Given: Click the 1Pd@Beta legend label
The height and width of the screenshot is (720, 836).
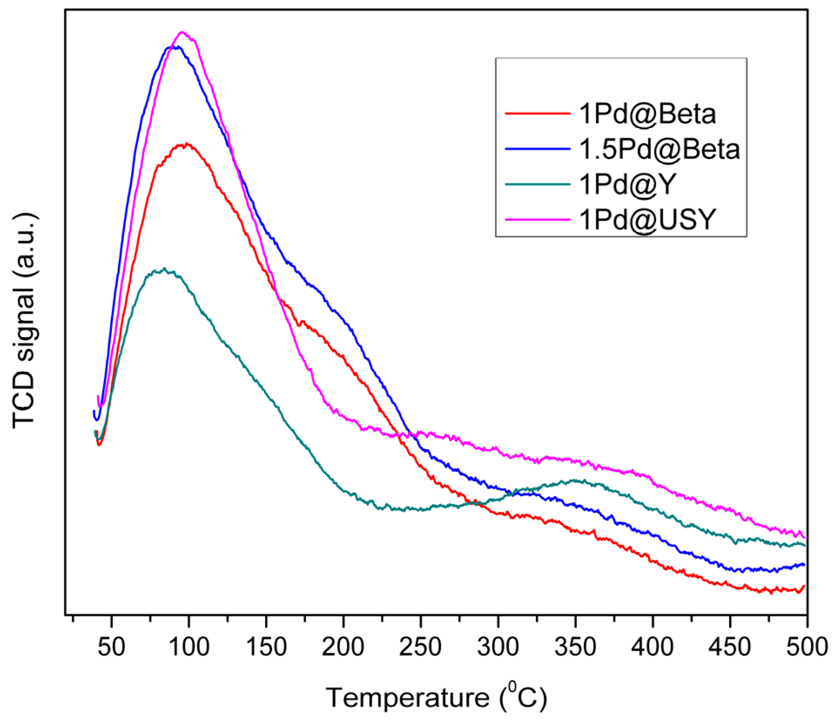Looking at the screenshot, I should tap(647, 115).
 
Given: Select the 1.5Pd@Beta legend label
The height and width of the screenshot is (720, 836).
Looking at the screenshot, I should tap(659, 149).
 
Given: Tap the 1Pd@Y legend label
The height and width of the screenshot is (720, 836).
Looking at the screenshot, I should tap(627, 184).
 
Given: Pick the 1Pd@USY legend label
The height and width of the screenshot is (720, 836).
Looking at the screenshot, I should tap(647, 219).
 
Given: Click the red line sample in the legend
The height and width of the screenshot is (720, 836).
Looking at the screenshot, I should tap(537, 113).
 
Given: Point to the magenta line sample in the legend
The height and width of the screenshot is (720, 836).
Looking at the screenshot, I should tap(537, 219).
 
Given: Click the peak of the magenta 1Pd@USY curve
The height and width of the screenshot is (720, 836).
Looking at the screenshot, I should tap(182, 32).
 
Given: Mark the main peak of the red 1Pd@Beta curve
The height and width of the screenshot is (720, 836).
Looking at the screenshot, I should tap(186, 144).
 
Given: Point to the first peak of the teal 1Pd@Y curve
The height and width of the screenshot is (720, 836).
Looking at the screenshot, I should tap(164, 269).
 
